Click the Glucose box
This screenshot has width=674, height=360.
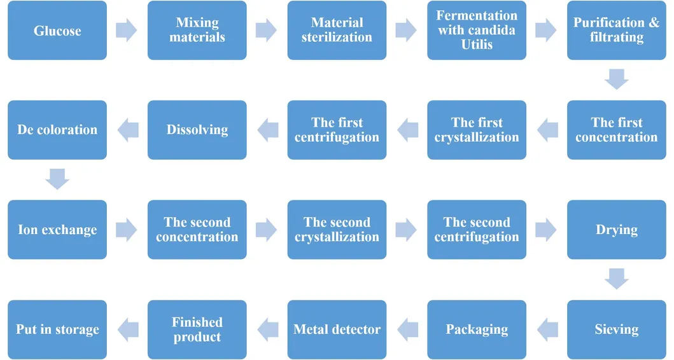click(57, 31)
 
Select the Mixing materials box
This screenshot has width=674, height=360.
click(197, 31)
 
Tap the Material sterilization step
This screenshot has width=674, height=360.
click(337, 31)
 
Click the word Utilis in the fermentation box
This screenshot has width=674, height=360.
click(477, 45)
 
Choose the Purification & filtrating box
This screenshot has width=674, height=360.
click(616, 31)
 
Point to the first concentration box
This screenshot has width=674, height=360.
click(616, 130)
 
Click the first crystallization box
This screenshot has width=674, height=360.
click(477, 130)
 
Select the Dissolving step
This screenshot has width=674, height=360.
click(197, 130)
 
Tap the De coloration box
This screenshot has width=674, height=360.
click(57, 130)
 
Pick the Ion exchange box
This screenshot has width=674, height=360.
click(57, 230)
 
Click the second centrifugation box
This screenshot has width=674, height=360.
click(477, 230)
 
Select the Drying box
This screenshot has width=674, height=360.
click(616, 230)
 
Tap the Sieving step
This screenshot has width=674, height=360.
click(616, 329)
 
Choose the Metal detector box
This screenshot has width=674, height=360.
click(337, 329)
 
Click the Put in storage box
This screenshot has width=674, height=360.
click(57, 329)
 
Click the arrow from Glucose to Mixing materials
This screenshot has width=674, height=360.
click(127, 31)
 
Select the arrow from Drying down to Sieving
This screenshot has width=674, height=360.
click(616, 279)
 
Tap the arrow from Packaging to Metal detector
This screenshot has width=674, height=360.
click(407, 329)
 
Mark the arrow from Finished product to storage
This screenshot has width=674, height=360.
click(127, 329)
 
